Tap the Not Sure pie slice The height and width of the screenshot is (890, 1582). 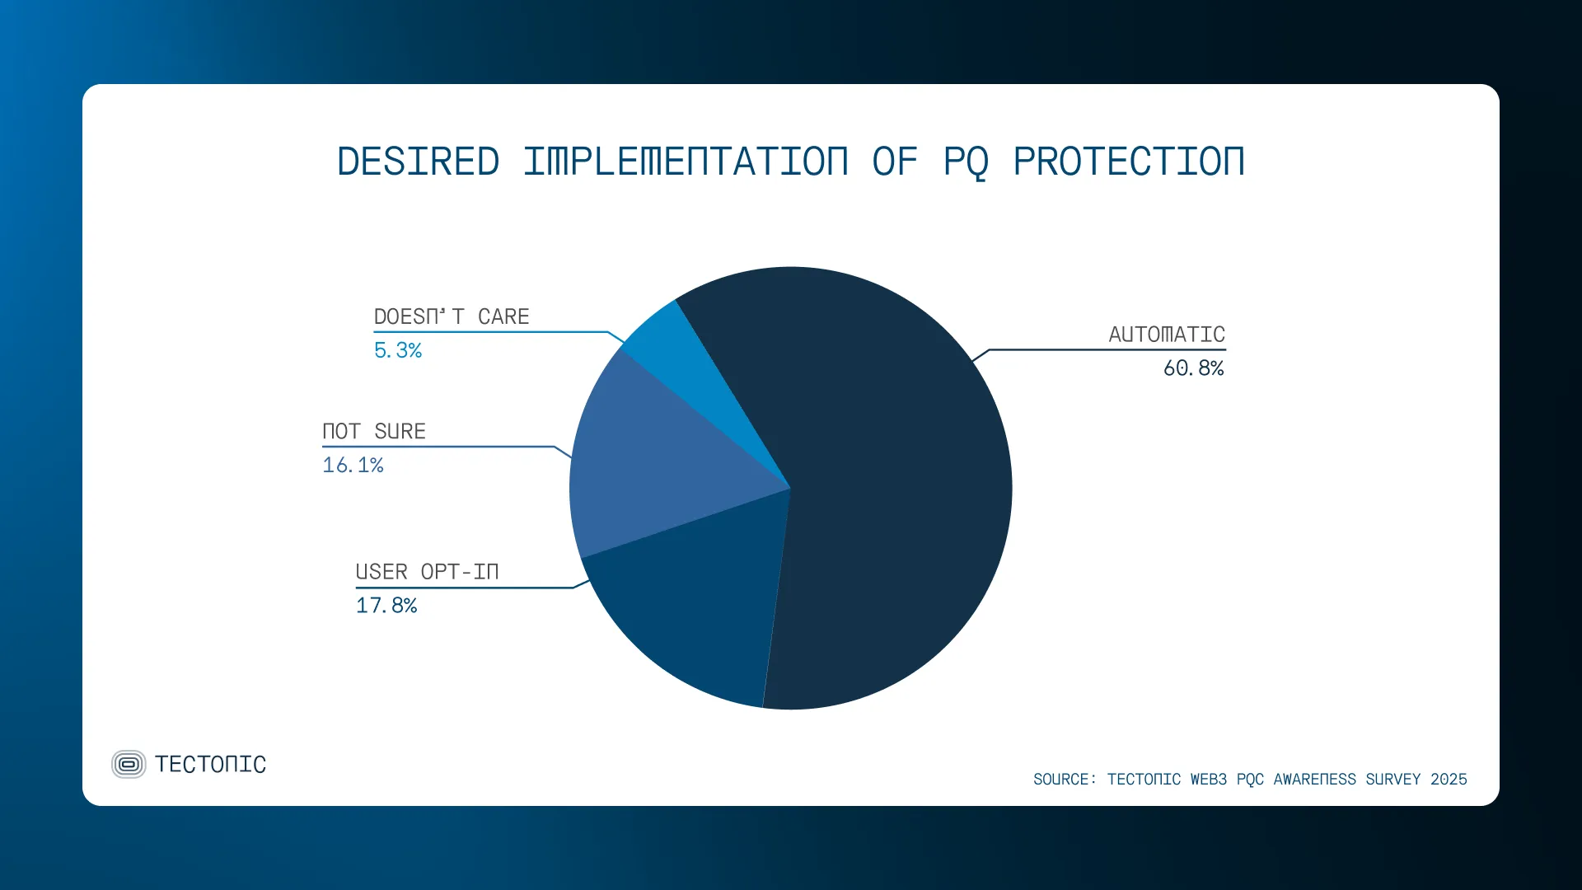point(651,461)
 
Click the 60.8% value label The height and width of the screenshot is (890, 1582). point(1193,368)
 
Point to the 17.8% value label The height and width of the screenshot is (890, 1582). point(386,606)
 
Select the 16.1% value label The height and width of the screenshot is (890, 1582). point(353,466)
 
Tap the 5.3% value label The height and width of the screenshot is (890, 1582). point(398,351)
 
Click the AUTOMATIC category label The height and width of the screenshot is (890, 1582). point(1166,335)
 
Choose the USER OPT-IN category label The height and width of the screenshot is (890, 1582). point(427,572)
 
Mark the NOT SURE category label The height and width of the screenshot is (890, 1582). point(374,432)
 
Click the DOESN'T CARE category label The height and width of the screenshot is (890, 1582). point(452,317)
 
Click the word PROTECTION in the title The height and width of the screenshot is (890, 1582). point(1129,162)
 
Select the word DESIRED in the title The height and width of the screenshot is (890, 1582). point(419,162)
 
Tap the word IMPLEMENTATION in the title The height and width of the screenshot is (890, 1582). point(686,162)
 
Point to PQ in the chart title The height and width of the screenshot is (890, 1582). point(966,162)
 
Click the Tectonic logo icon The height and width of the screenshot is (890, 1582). point(129,765)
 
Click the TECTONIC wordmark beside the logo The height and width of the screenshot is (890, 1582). point(211,765)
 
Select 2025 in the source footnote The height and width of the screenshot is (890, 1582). point(1449,780)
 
